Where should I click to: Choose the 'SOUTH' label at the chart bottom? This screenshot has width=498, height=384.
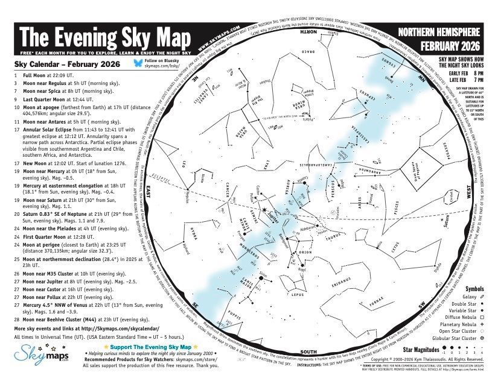pos(308,352)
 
